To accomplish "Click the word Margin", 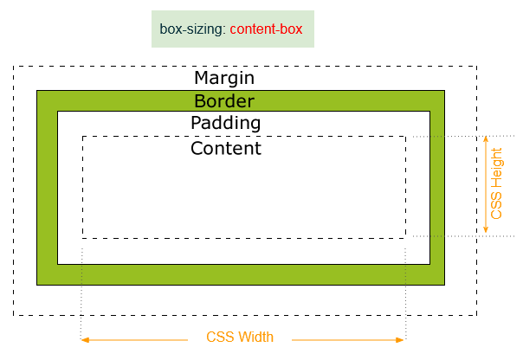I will pyautogui.click(x=224, y=78).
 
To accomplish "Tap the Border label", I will pyautogui.click(x=224, y=100).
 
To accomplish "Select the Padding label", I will pyautogui.click(x=225, y=123).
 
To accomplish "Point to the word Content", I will pyautogui.click(x=225, y=148).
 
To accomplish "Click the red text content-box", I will pyautogui.click(x=266, y=29).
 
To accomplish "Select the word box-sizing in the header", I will pyautogui.click(x=190, y=29).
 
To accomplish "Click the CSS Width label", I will pyautogui.click(x=240, y=337).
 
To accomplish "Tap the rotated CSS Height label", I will pyautogui.click(x=496, y=183).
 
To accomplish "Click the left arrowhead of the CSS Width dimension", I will pyautogui.click(x=84, y=340).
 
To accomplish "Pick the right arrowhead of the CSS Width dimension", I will pyautogui.click(x=402, y=340).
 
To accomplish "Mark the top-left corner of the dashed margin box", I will pyautogui.click(x=14, y=67).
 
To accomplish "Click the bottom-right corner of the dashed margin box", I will pyautogui.click(x=476, y=315).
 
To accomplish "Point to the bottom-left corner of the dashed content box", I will pyautogui.click(x=83, y=237).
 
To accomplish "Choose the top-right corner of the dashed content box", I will pyautogui.click(x=405, y=136).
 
